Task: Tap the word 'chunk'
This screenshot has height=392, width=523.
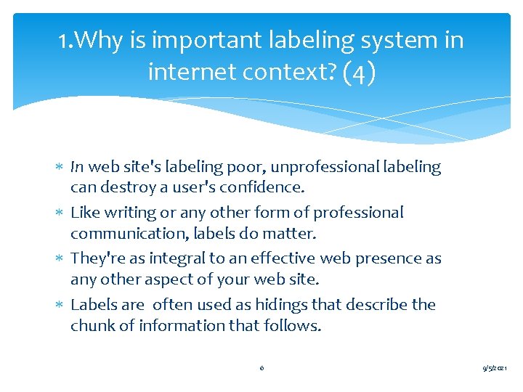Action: [92, 326]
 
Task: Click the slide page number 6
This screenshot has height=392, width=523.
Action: [261, 368]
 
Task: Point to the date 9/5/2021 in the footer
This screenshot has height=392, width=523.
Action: [498, 369]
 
